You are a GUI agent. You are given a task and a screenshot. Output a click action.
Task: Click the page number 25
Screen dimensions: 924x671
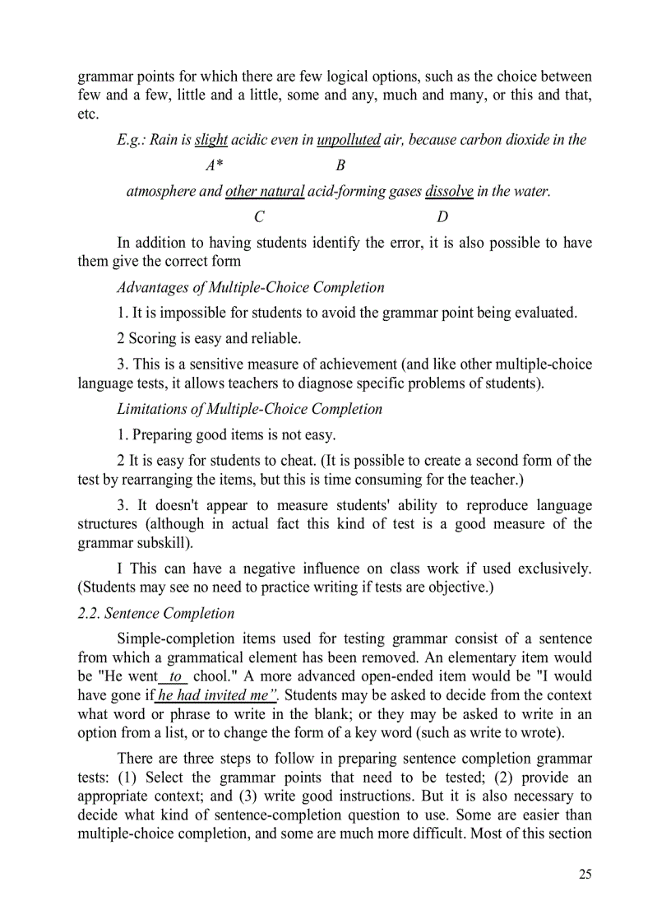pyautogui.click(x=584, y=874)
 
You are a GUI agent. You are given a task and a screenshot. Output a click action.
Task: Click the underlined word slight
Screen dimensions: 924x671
pyautogui.click(x=211, y=140)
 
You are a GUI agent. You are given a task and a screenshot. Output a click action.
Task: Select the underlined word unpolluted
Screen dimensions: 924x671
pyautogui.click(x=349, y=140)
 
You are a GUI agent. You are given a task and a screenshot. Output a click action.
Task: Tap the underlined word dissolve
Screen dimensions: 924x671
pyautogui.click(x=449, y=192)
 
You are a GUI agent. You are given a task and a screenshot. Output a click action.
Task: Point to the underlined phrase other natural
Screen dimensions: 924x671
pyautogui.click(x=265, y=192)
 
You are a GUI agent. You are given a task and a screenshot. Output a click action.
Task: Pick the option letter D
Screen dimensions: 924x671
pyautogui.click(x=442, y=217)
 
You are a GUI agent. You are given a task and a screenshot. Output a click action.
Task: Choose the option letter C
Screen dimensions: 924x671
pyautogui.click(x=259, y=217)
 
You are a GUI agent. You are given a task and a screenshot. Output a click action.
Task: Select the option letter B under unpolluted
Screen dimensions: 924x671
pyautogui.click(x=340, y=165)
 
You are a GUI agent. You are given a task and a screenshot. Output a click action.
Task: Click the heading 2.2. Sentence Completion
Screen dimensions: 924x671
pyautogui.click(x=156, y=614)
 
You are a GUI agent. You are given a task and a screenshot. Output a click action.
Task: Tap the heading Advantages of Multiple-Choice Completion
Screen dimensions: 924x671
pyautogui.click(x=251, y=288)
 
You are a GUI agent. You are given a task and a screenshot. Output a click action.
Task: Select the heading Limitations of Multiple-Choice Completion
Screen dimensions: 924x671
pyautogui.click(x=250, y=409)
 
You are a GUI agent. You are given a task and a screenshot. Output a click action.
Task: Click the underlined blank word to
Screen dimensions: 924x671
pyautogui.click(x=175, y=676)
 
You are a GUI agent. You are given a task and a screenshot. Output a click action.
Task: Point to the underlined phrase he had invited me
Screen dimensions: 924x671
pyautogui.click(x=218, y=695)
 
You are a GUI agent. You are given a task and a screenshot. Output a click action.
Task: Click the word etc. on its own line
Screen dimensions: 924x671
pyautogui.click(x=88, y=114)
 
